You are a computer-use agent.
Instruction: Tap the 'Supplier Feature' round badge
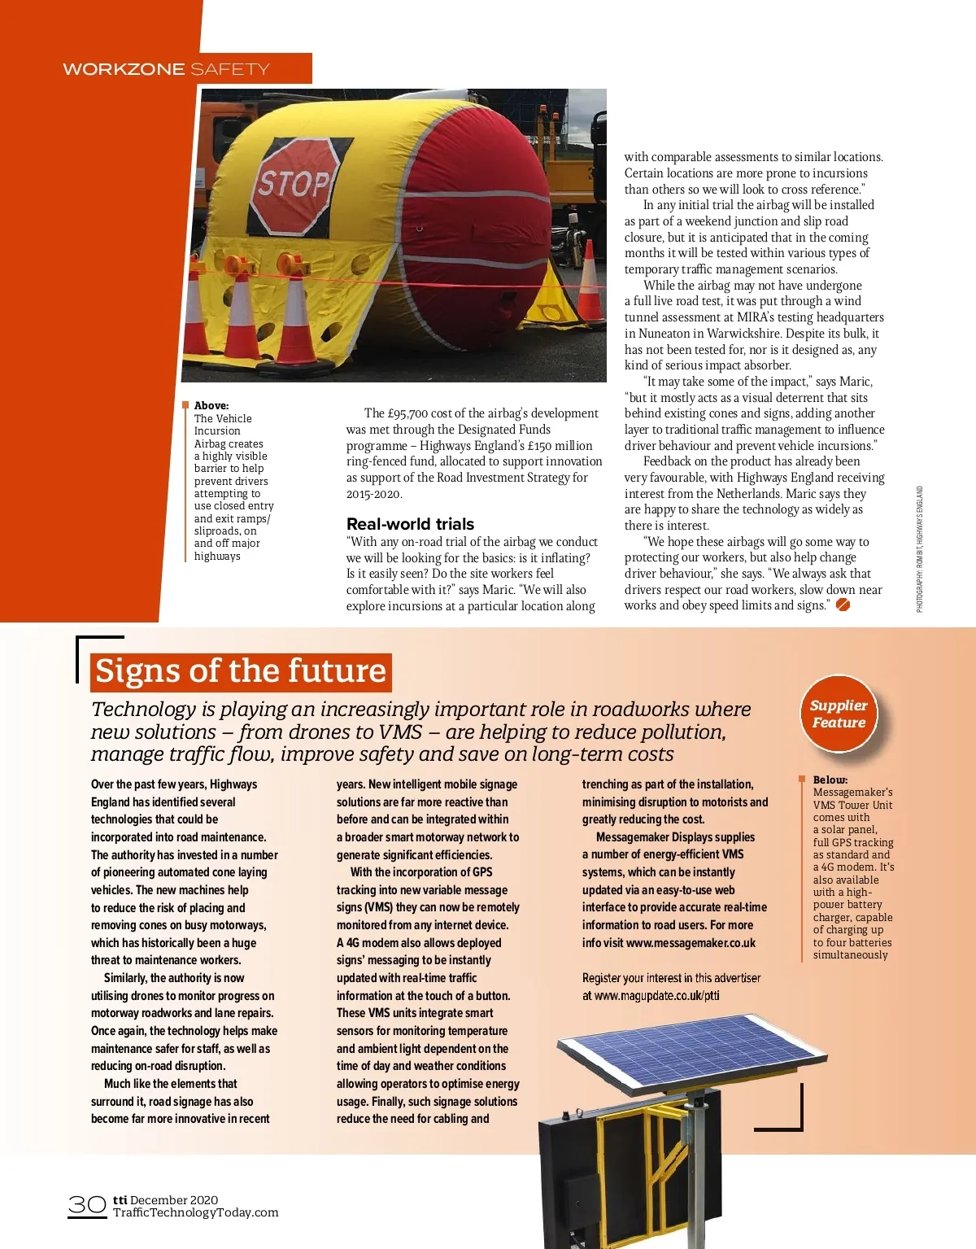[839, 714]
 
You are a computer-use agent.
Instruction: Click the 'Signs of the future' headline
[241, 671]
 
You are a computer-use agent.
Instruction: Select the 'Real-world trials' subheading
[410, 524]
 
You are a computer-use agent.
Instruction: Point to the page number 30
[86, 1205]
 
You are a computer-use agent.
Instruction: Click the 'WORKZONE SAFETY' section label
[166, 69]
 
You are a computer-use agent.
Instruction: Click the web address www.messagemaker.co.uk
[691, 943]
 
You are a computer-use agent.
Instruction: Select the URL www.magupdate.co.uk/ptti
[657, 995]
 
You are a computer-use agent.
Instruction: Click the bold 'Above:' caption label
[211, 405]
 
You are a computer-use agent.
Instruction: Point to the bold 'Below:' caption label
[830, 780]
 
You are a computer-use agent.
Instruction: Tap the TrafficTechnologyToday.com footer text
[195, 1212]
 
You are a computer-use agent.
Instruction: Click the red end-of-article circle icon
[843, 605]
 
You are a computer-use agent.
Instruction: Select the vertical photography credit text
[920, 549]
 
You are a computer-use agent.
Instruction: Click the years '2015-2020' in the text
[374, 494]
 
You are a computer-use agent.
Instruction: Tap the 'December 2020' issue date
[174, 1199]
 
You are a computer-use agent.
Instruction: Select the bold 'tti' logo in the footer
[120, 1199]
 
